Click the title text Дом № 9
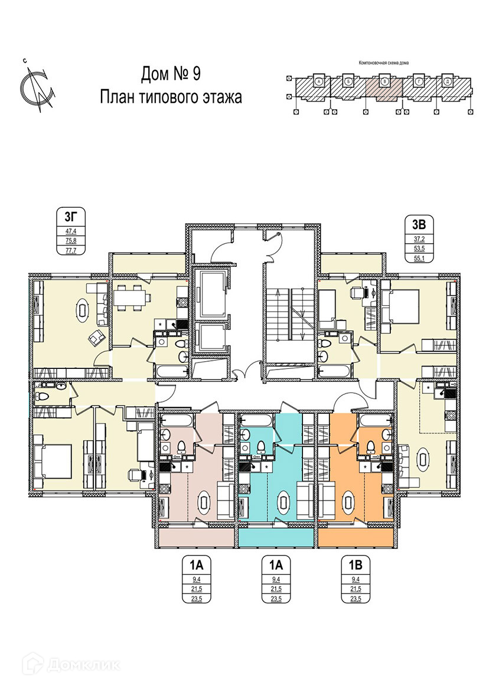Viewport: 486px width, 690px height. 171,74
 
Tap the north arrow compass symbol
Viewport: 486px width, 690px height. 37,87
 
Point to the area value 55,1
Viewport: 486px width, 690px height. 419,258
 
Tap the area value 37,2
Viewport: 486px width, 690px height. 419,239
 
